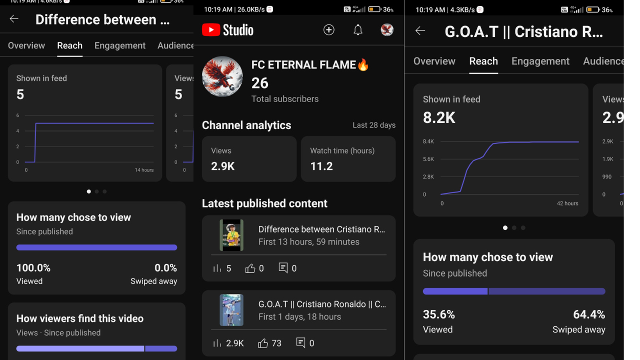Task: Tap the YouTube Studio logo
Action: coord(227,30)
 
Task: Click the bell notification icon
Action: coord(358,30)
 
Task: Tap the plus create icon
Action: coord(328,30)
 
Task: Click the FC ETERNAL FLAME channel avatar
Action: coord(222,76)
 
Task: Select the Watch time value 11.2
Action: coord(321,166)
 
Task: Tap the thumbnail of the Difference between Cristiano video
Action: coord(231,235)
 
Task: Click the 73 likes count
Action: coord(276,343)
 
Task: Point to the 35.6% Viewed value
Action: coord(438,314)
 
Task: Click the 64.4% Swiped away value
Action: coord(588,314)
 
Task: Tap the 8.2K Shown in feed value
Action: coord(439,118)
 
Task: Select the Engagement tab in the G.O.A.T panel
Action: coord(540,61)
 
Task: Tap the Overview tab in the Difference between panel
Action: coord(26,45)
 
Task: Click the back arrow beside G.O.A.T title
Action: coord(420,31)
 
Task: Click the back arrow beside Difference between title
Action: coord(14,19)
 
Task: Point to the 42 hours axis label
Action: coord(567,203)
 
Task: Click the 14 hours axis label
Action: coord(144,170)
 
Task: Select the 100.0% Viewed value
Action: coord(33,268)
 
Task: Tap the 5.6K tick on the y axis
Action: coord(428,159)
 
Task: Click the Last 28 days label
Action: coord(373,125)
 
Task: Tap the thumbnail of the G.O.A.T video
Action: coord(231,310)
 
